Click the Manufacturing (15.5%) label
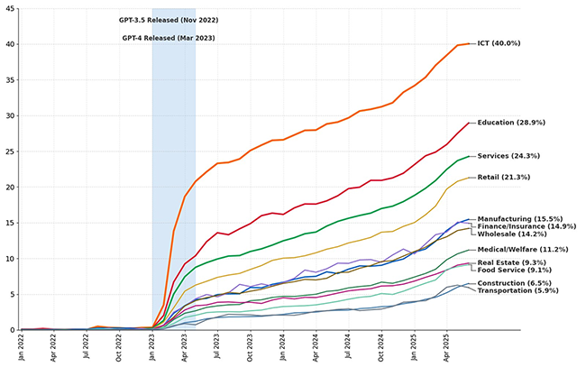pos(520,218)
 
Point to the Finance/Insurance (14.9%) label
pos(526,226)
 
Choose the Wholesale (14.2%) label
pos(514,234)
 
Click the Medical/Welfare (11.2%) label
pos(523,250)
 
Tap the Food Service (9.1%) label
pos(514,270)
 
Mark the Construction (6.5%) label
pos(514,283)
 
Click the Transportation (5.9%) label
pos(518,290)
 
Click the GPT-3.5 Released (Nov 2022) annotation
pos(169,20)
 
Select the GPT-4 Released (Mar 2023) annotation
pos(169,38)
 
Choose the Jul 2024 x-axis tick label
pos(347,347)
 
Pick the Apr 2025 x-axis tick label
pos(445,347)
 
